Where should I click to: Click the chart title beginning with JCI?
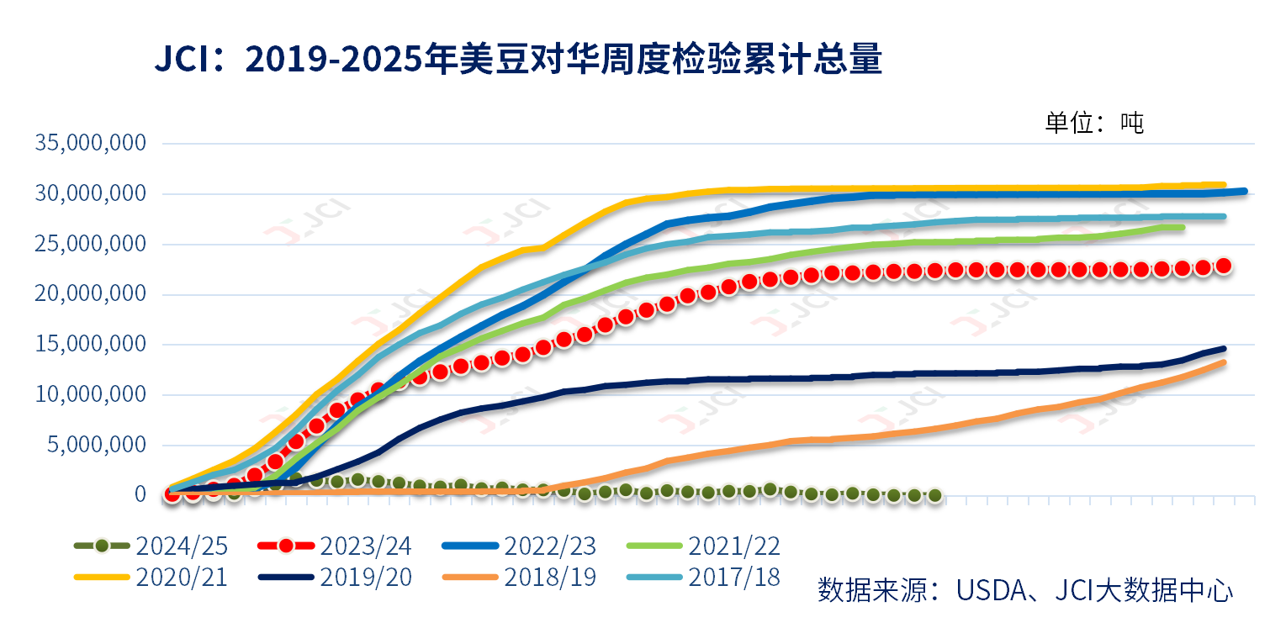click(517, 61)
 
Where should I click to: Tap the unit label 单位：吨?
click(1094, 123)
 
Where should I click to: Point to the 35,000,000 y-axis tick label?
click(91, 143)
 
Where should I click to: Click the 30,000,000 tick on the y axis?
click(91, 193)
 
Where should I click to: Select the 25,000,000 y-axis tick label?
click(91, 244)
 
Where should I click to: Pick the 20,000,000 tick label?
click(91, 294)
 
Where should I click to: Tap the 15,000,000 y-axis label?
click(91, 345)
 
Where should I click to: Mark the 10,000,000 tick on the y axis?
click(91, 394)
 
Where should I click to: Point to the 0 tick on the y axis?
click(140, 495)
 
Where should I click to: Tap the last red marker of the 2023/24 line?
click(1224, 266)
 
